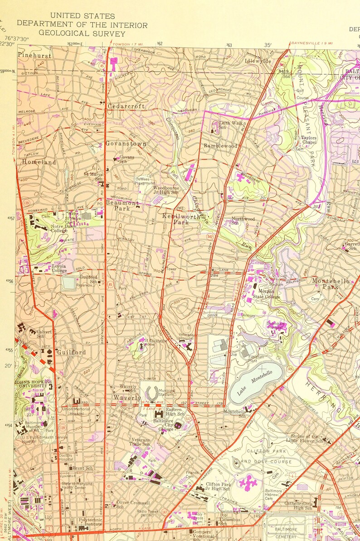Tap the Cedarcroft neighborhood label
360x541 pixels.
[126, 106]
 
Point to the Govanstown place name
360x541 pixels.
[126, 144]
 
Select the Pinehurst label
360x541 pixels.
[34, 55]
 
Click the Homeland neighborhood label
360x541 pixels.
[39, 162]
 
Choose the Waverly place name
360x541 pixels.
[127, 398]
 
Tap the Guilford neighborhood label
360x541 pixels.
[71, 352]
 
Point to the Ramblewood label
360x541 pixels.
[220, 146]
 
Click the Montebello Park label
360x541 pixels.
[331, 284]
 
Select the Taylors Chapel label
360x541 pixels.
[309, 140]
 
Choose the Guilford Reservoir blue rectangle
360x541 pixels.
[69, 283]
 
